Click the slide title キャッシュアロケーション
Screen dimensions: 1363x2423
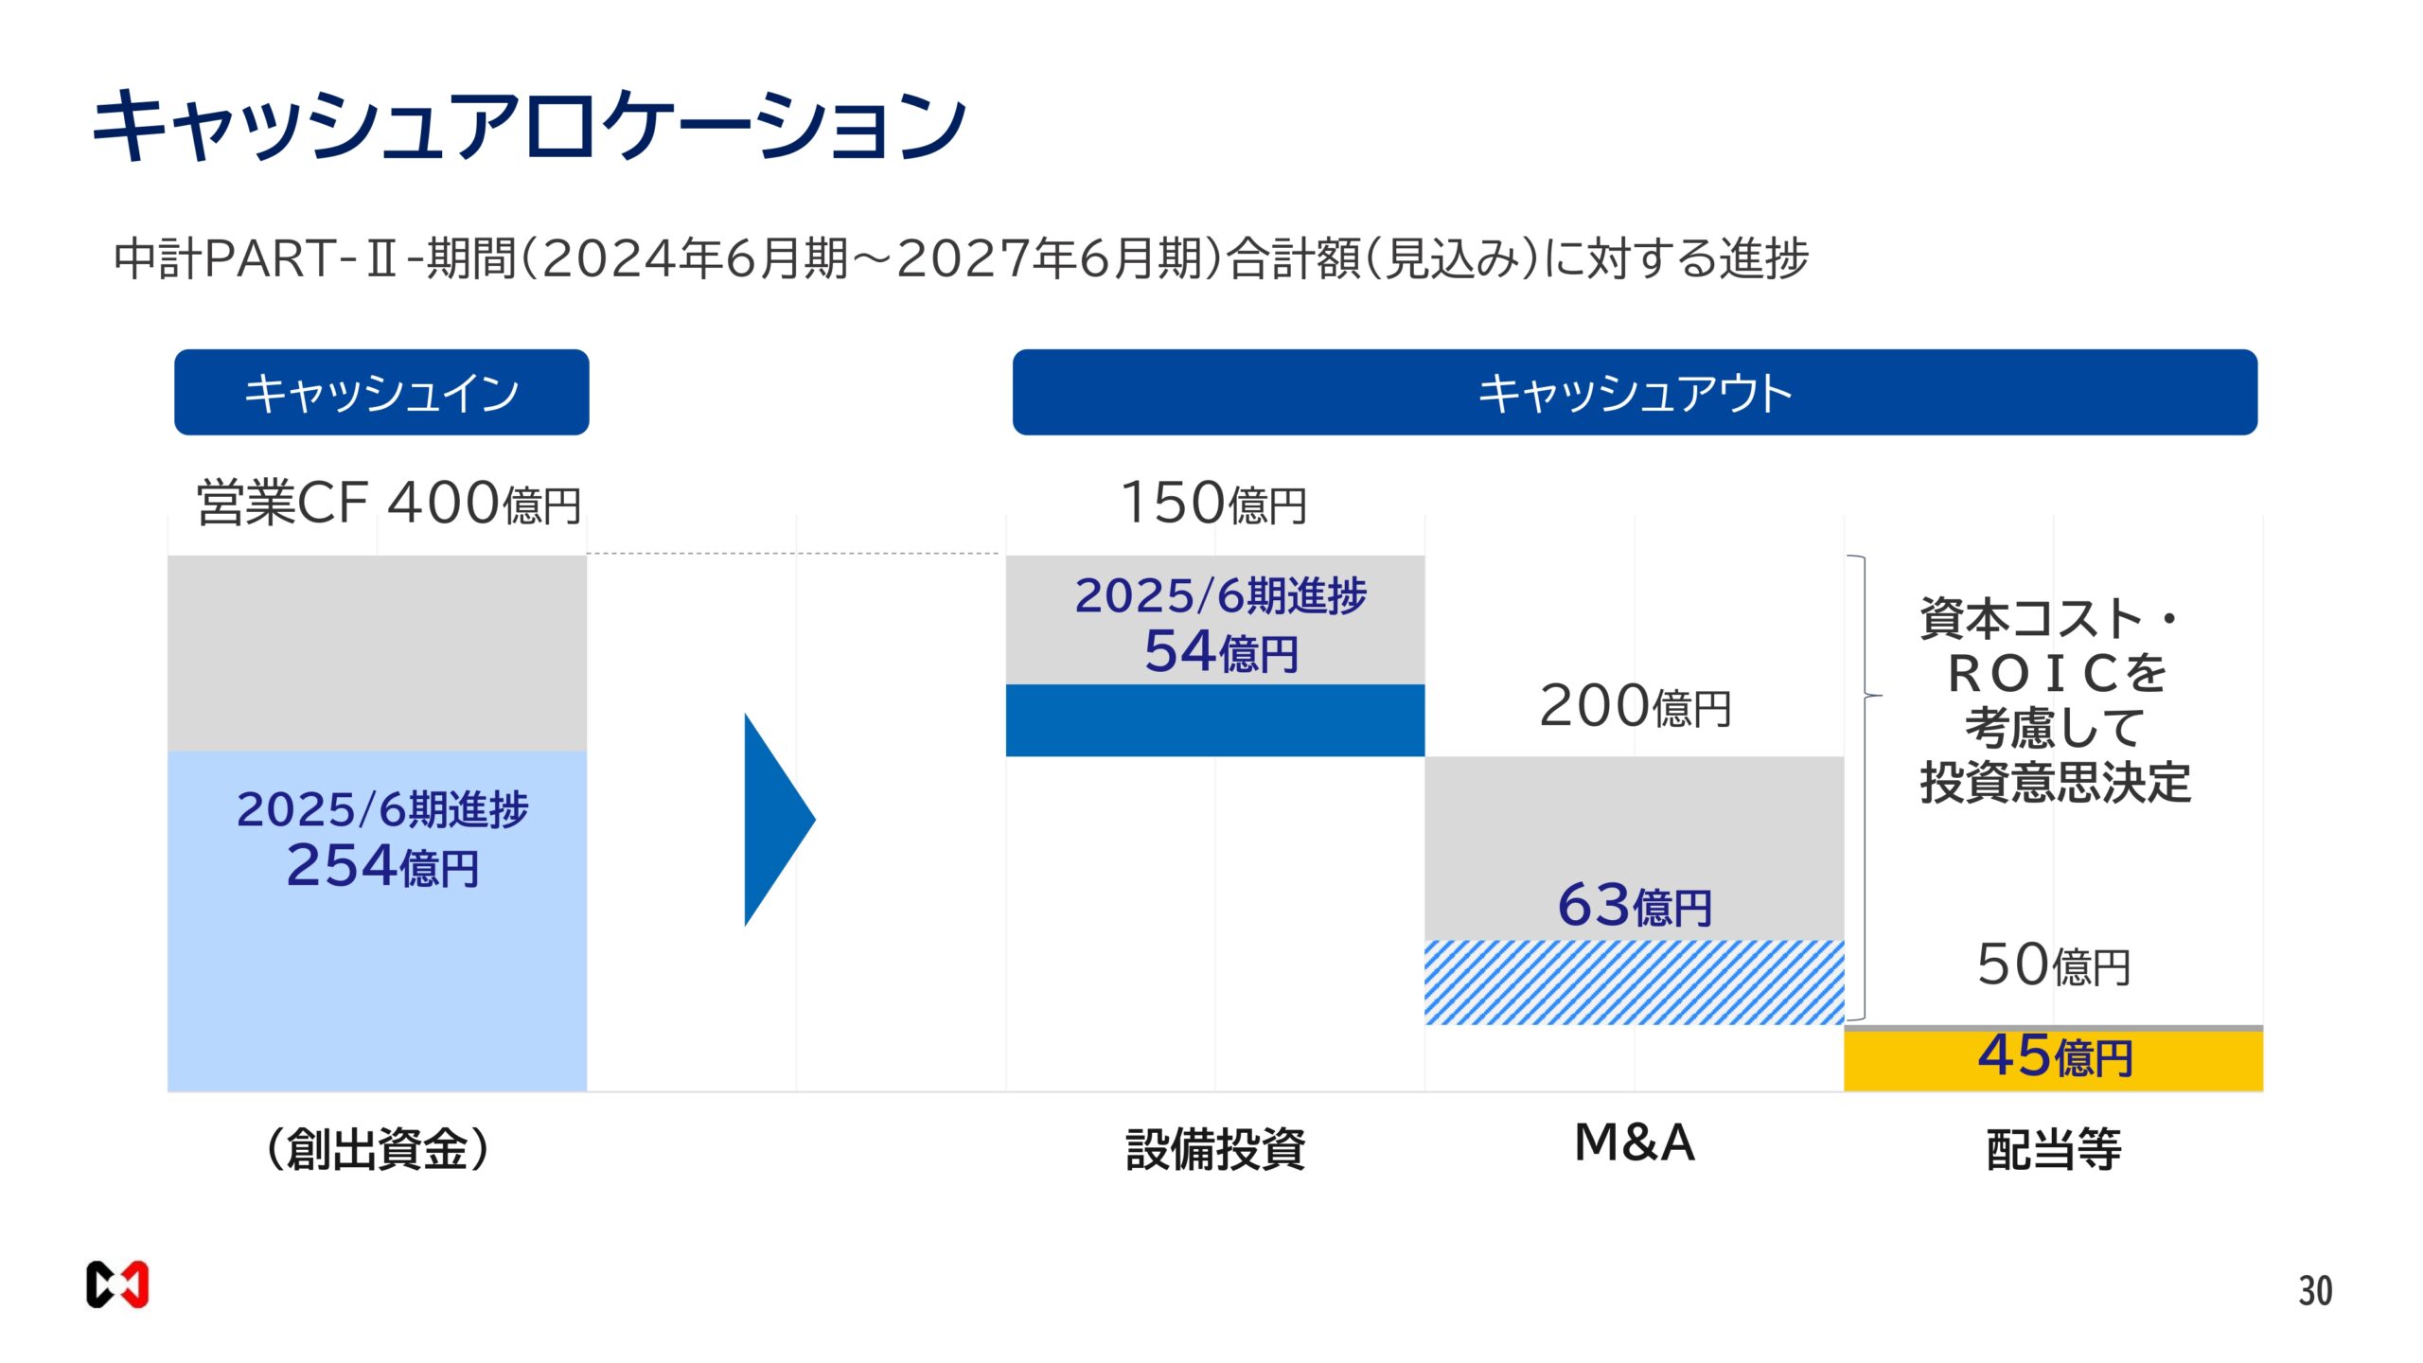point(528,126)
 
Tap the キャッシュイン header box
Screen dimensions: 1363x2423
point(381,393)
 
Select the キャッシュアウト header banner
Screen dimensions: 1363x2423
point(1635,393)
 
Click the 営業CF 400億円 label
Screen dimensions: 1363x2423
point(388,503)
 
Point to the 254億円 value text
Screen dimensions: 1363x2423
point(382,866)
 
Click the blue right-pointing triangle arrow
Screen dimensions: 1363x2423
point(777,820)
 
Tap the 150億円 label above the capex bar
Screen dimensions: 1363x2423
point(1213,503)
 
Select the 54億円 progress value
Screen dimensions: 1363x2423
point(1221,652)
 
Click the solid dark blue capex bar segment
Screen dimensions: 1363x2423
point(1214,720)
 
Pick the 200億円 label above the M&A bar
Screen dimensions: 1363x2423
point(1635,706)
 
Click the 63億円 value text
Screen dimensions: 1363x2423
point(1635,906)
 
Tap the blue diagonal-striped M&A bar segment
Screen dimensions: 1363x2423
point(1635,982)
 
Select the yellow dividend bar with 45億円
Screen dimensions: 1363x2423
point(2054,1058)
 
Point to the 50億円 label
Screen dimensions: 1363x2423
point(2053,965)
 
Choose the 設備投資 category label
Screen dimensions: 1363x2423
point(1215,1149)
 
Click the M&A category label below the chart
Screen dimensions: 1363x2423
point(1635,1142)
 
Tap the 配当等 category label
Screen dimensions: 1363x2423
point(2054,1149)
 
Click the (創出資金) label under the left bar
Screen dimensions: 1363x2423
point(378,1149)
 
